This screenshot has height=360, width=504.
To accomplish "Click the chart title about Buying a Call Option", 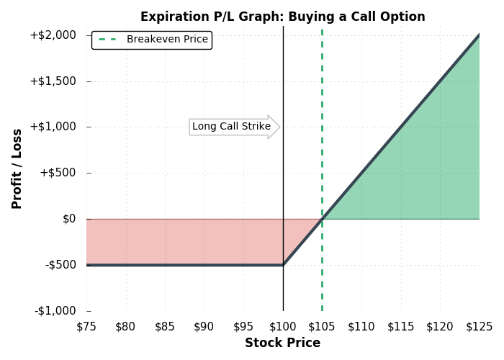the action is click(x=283, y=17).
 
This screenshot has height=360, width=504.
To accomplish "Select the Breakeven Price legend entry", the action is click(x=153, y=39).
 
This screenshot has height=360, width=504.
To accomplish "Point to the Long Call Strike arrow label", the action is click(x=231, y=126).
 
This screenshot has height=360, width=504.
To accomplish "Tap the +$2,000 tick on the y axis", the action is click(x=53, y=35).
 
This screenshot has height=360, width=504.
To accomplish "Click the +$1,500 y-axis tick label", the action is click(x=53, y=81).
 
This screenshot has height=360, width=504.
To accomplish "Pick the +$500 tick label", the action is click(x=58, y=173).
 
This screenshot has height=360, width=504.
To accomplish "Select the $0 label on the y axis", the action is click(x=69, y=219).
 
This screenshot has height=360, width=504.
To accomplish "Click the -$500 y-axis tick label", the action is click(x=60, y=265).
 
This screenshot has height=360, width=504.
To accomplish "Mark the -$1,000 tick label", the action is click(x=55, y=311).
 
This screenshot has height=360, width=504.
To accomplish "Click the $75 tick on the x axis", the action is click(x=86, y=327).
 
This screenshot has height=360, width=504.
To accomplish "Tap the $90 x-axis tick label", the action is click(x=204, y=327).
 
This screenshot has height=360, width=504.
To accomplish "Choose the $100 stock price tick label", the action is click(x=283, y=327).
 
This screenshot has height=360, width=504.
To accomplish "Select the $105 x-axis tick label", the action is click(x=322, y=327).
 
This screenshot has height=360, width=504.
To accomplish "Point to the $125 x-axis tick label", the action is click(x=480, y=327).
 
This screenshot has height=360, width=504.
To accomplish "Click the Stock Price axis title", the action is click(x=283, y=343).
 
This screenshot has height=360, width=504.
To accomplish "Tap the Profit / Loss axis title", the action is click(x=17, y=169).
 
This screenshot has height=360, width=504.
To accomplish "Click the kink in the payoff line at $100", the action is click(x=283, y=265).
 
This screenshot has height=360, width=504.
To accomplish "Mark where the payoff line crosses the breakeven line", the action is click(x=322, y=219).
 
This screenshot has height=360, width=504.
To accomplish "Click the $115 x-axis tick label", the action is click(x=401, y=327).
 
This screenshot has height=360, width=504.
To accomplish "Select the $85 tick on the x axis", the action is click(x=165, y=327).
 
